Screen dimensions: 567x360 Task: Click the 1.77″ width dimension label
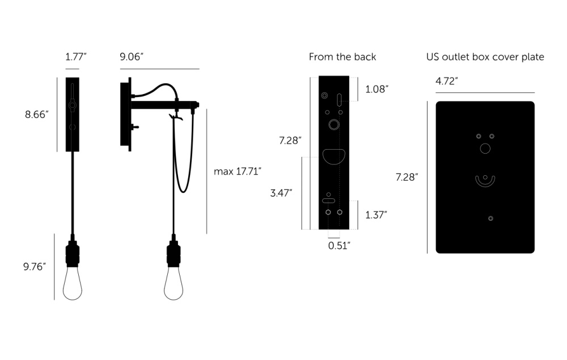(76, 57)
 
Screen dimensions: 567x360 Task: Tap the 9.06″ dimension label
(132, 57)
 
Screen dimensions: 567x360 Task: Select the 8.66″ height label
(36, 115)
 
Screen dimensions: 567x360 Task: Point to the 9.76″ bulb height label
(35, 267)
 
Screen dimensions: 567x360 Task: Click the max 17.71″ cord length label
(238, 171)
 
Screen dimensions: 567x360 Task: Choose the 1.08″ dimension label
(377, 89)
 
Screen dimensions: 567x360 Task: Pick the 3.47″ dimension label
(281, 193)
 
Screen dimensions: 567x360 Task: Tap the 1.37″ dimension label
(376, 215)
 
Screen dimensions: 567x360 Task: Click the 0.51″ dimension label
(339, 246)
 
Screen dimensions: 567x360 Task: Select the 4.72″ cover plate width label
(447, 81)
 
